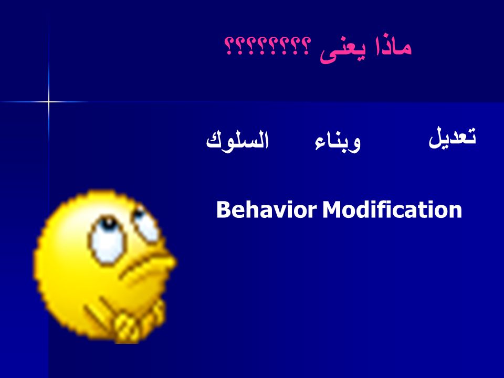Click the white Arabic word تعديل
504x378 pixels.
coord(452,138)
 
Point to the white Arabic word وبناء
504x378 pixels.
coord(338,141)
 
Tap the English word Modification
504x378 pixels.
coord(392,209)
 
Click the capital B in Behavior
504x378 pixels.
coord(224,210)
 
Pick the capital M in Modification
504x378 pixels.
coord(332,210)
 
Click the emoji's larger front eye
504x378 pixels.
coord(108,240)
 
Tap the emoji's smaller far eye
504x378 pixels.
coord(145,224)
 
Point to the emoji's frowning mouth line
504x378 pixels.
coord(141,265)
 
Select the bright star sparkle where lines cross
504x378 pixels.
coord(49,102)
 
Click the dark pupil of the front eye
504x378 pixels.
coord(109,224)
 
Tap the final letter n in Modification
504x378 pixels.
coord(456,212)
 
